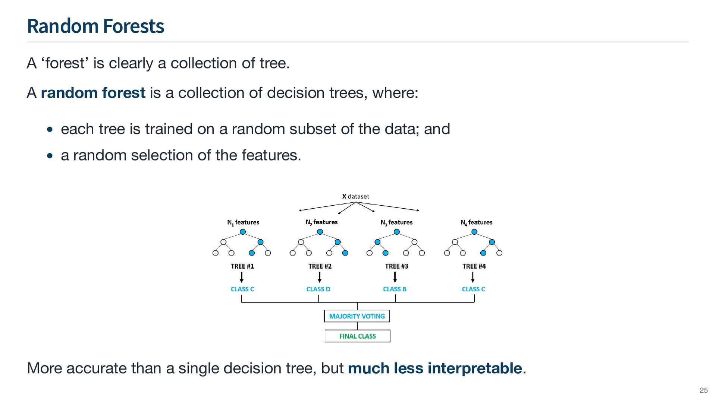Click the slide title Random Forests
95,26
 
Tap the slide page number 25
703,390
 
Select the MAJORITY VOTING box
357,316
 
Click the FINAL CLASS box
357,336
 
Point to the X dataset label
355,196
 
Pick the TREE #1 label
242,266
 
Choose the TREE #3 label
396,266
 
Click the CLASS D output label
318,289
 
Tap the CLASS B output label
395,289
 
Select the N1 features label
243,222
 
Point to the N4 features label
476,222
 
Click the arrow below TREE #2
320,277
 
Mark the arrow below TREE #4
472,277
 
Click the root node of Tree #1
243,232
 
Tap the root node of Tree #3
397,232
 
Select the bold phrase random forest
93,93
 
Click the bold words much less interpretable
435,368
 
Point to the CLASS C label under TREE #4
473,289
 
